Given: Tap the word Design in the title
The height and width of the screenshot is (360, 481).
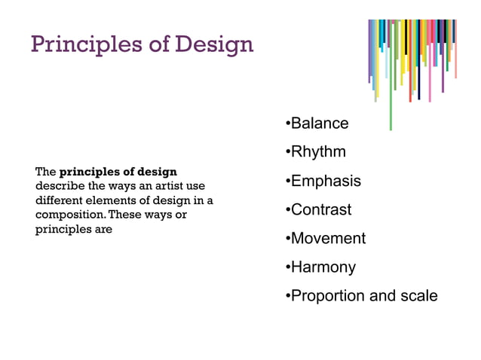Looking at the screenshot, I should click(x=214, y=44).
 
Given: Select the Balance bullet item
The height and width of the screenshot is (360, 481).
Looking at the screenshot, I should click(x=319, y=124).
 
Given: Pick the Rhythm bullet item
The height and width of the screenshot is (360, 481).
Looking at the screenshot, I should click(x=317, y=152).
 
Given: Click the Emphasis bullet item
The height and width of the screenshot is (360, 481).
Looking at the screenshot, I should click(x=325, y=182).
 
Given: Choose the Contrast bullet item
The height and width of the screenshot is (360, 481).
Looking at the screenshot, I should click(x=320, y=210).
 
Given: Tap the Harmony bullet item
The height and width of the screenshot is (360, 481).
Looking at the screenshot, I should click(x=322, y=267).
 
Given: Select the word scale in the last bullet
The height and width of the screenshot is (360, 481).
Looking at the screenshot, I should click(x=418, y=296).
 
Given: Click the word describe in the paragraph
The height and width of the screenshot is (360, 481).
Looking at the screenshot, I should click(x=56, y=186).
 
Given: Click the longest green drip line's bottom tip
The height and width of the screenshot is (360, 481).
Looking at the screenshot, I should click(x=391, y=129).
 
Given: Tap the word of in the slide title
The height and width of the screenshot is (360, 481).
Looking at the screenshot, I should click(x=155, y=44).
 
